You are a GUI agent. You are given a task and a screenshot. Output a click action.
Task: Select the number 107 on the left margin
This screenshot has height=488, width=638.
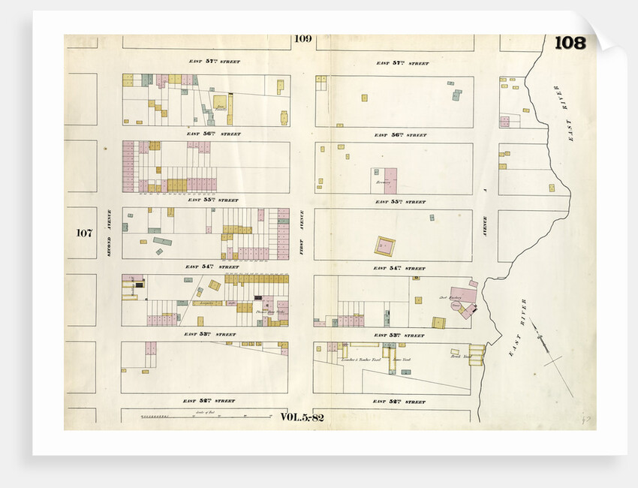coord(83,233)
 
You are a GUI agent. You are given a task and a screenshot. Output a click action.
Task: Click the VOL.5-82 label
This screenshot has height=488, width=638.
coord(302,417)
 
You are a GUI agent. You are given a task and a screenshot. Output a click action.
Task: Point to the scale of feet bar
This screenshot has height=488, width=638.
coord(197,416)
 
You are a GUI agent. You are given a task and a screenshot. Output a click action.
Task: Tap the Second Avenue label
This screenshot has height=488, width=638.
coord(109,233)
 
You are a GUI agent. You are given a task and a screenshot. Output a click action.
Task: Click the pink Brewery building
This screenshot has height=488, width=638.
coord(390,181)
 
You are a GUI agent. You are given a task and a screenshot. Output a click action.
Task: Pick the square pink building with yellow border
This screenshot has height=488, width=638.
coord(385,246)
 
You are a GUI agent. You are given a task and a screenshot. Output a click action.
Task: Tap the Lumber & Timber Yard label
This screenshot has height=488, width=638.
coord(362,360)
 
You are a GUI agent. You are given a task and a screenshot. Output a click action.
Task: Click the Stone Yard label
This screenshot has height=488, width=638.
coord(402,360)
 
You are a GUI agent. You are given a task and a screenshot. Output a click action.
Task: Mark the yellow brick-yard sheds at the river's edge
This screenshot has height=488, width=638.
coord(477,354)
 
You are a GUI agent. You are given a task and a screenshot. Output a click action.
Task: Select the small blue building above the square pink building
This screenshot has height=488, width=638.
coord(432,218)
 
